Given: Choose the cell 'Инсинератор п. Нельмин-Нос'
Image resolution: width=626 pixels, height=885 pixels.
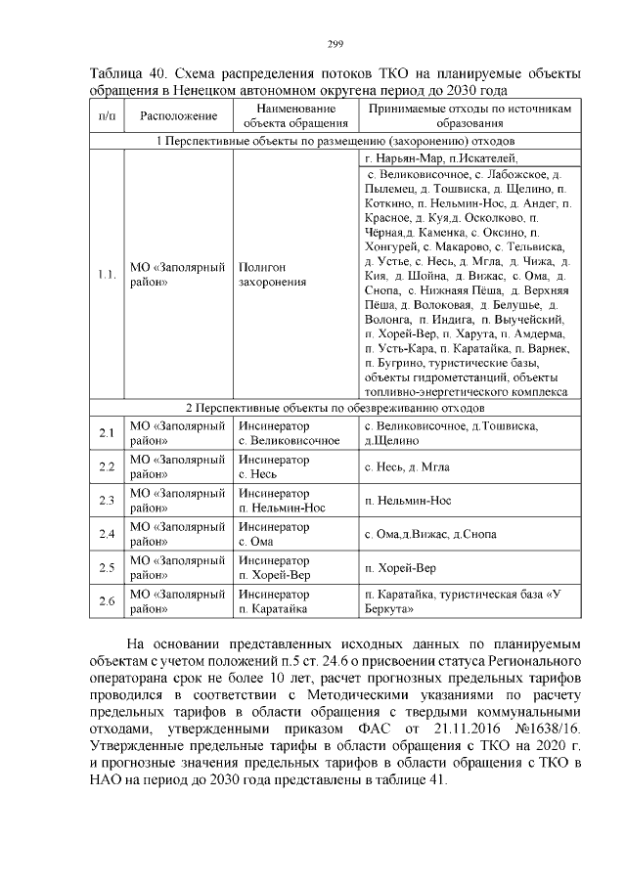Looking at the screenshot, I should coord(283,501).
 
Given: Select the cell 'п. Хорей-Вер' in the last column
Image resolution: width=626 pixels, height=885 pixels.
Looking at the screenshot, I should coord(399,567).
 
